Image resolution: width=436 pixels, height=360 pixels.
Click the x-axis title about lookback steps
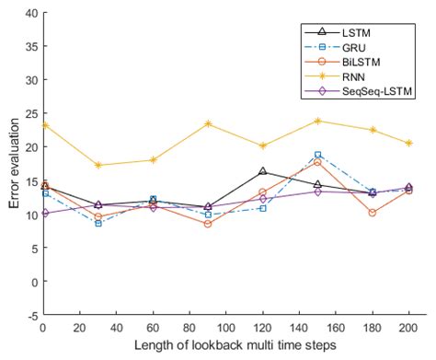point(234,345)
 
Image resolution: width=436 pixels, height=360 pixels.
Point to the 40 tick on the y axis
point(29,13)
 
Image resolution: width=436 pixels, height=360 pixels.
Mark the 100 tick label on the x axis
point(225,327)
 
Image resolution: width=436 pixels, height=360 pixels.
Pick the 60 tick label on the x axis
point(153,327)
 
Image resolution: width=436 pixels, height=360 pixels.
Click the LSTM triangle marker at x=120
point(262,171)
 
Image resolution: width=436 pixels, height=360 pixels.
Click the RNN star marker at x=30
point(98,166)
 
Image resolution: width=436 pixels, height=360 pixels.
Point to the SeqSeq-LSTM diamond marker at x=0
point(42,214)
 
